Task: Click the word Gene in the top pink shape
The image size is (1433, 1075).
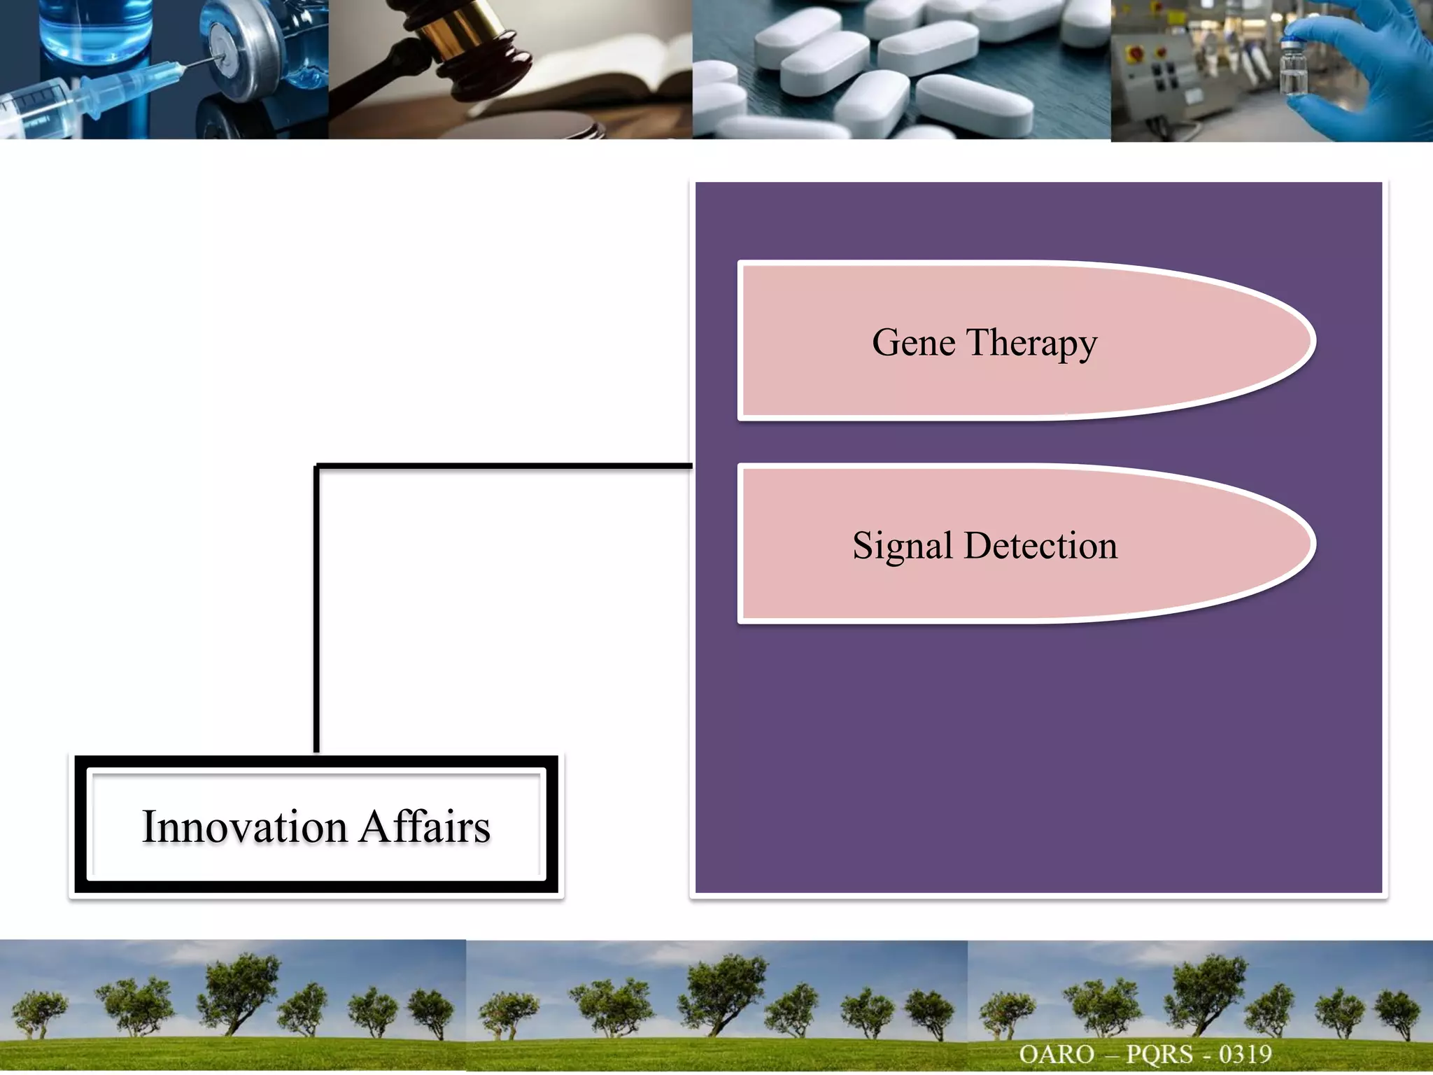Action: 913,343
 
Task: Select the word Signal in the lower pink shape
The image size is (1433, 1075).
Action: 902,546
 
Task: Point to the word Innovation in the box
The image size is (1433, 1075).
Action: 244,827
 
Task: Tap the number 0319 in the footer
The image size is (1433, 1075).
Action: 1245,1054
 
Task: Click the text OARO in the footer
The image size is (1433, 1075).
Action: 1057,1054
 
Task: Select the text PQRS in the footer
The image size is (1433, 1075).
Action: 1159,1054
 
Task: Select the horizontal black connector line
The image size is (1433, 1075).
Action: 504,465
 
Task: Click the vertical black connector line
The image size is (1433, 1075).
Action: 316,609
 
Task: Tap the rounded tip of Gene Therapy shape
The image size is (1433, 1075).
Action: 1301,342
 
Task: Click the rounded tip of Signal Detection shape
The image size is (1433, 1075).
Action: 1301,544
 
